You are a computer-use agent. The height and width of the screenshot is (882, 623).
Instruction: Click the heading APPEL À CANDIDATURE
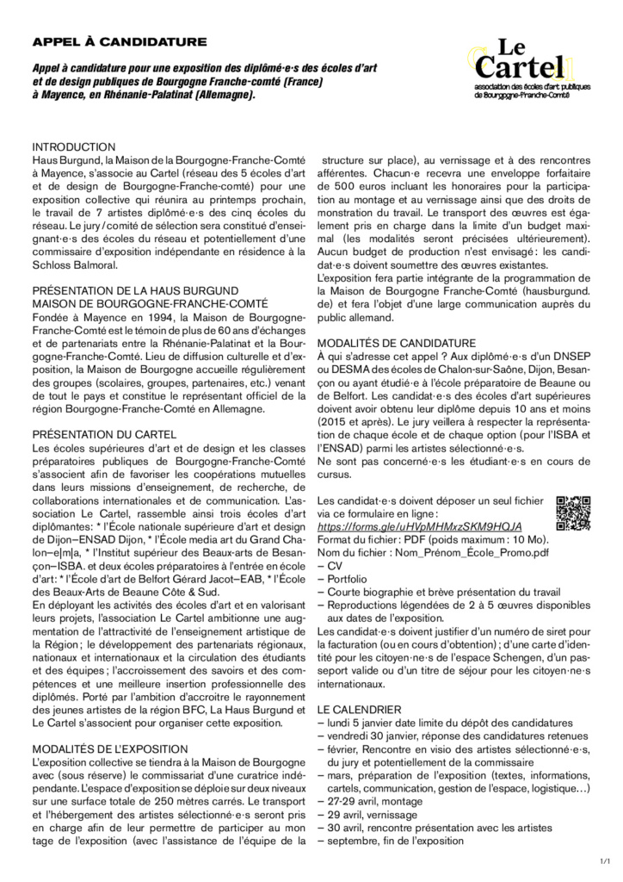(120, 40)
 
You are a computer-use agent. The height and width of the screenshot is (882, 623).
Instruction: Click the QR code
(574, 514)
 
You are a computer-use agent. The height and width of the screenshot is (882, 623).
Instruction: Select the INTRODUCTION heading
(74, 147)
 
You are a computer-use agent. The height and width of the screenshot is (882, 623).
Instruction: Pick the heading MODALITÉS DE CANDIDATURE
(397, 342)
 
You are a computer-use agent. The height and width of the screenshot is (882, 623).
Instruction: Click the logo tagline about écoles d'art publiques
(521, 91)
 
